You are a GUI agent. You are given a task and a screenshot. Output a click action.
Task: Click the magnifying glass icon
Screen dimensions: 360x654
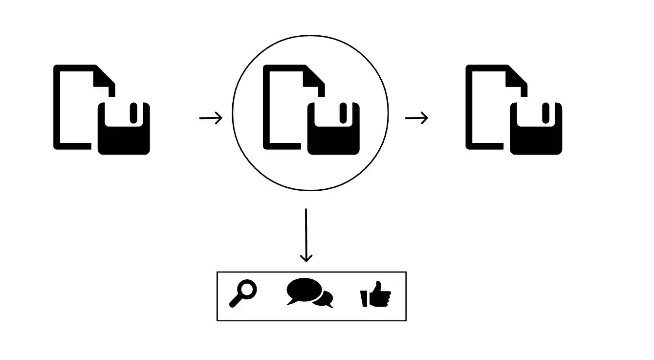coord(243,294)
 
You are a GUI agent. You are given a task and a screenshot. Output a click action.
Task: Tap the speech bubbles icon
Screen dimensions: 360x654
coord(309,292)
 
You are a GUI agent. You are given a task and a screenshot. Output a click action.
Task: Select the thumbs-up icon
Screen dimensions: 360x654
coord(375,294)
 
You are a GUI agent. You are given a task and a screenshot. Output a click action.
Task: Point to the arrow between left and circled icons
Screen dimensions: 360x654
coord(211,118)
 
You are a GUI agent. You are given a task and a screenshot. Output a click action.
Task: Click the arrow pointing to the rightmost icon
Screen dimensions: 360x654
coord(417,118)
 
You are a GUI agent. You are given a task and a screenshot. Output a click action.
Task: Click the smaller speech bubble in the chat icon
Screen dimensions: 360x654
coord(325,298)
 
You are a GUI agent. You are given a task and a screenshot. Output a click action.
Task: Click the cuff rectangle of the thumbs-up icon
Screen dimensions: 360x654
coord(364,298)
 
